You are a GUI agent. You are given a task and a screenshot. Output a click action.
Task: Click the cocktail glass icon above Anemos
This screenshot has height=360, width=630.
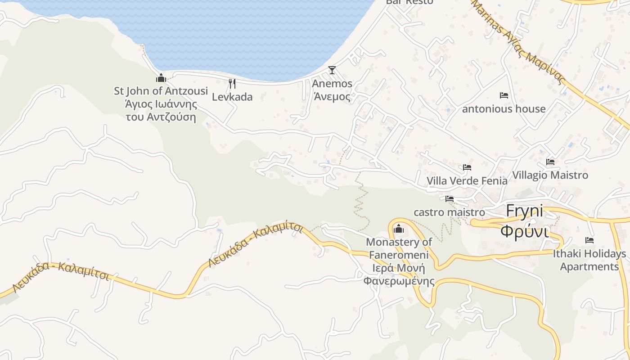coord(332,70)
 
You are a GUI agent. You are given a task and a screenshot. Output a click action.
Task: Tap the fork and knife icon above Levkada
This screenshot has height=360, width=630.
coord(232,83)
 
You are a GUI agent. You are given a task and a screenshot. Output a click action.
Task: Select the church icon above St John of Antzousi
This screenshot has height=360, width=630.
coord(161,78)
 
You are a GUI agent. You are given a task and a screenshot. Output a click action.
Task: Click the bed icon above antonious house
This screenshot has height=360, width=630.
coord(504,95)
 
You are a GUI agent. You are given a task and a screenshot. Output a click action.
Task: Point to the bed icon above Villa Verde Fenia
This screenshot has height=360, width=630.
coord(467,167)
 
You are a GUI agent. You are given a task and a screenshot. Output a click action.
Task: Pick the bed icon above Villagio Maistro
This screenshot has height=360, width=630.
coord(550,162)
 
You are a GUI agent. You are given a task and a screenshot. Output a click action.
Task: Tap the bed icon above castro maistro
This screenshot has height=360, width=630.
coord(449,199)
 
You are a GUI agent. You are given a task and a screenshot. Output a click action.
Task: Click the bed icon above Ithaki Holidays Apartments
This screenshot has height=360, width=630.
coord(589,240)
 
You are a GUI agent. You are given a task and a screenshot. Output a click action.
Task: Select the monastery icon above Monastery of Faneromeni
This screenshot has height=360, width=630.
coord(398,229)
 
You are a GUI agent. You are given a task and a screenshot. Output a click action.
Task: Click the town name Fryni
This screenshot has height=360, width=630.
coord(524,211)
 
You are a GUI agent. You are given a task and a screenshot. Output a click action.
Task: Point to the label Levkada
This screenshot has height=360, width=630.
coord(232,97)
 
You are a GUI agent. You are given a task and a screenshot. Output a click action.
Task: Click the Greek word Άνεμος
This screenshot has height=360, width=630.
coord(332,96)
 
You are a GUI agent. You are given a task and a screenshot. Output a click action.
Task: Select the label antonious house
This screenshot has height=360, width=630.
coord(504,109)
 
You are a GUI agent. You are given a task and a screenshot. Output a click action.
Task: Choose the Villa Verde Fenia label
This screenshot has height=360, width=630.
coord(467,181)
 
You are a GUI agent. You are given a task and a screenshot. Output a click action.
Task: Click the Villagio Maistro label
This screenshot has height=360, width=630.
coord(550,175)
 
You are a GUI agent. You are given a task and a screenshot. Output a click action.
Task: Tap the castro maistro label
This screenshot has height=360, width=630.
coord(449,212)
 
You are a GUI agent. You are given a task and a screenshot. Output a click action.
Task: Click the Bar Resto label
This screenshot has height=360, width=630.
coord(409,2)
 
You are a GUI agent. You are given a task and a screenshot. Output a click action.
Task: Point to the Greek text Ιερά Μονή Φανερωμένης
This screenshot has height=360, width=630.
coord(399,275)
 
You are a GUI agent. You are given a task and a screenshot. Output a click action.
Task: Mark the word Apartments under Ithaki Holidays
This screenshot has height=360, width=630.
coord(589,266)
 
